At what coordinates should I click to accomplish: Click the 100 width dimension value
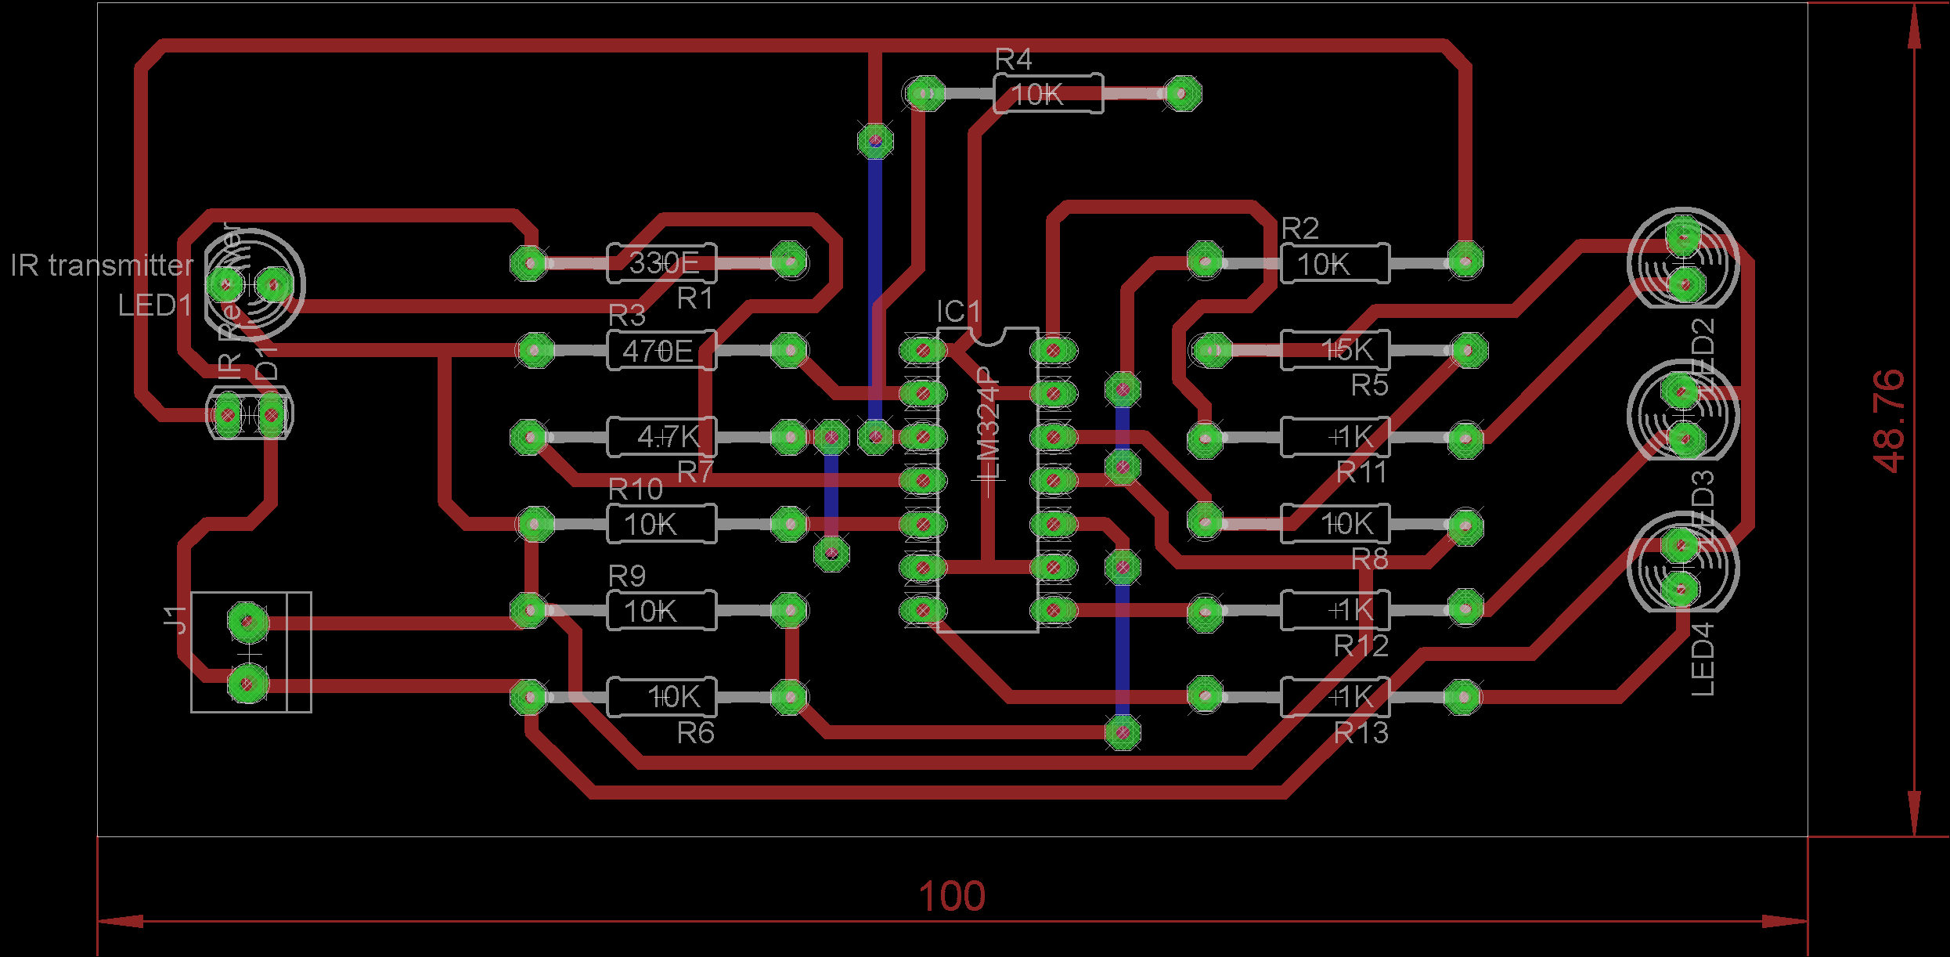tap(951, 897)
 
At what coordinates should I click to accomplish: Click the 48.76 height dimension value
tap(1890, 421)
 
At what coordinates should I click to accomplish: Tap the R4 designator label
tap(1013, 60)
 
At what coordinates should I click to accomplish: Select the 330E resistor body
tap(662, 263)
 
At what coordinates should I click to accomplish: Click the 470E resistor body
tap(661, 351)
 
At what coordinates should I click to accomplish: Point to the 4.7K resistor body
tap(662, 437)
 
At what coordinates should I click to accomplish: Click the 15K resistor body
tap(1335, 350)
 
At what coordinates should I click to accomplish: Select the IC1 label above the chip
tap(958, 312)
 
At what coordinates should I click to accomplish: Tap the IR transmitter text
tap(102, 265)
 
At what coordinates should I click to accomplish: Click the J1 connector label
tap(176, 619)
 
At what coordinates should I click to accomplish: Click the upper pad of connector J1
tap(247, 622)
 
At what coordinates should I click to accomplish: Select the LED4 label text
tap(1703, 659)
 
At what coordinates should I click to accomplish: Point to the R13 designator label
tap(1361, 733)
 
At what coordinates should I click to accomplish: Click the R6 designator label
tap(695, 733)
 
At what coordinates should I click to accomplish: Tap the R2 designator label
tap(1300, 229)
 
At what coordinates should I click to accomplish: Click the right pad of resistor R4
tap(1182, 94)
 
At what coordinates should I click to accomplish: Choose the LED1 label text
tap(154, 305)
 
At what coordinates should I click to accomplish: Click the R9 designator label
tap(627, 576)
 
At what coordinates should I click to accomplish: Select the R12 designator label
tap(1361, 646)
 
